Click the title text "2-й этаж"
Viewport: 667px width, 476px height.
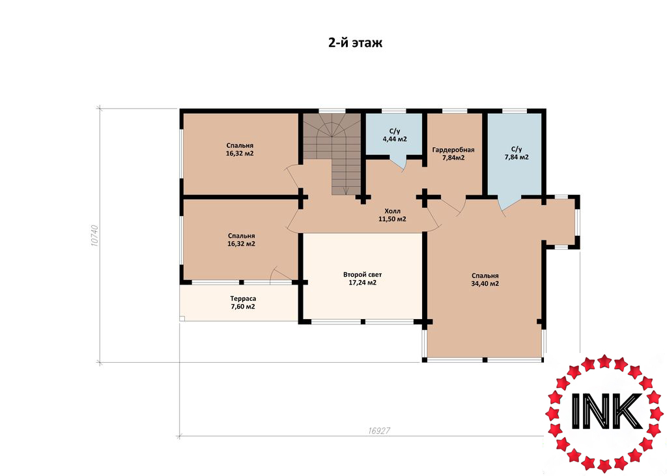point(355,42)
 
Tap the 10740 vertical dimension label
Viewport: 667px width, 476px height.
point(94,235)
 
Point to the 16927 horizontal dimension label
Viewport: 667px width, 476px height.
point(379,430)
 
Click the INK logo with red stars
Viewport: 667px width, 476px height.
point(604,413)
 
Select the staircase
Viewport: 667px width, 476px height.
point(332,154)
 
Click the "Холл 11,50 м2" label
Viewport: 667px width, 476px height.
point(392,216)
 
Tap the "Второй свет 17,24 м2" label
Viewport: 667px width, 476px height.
point(362,279)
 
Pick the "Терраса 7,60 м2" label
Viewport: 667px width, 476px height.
point(243,302)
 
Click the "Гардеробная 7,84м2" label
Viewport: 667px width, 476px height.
point(453,154)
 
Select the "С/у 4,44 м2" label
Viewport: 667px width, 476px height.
point(395,135)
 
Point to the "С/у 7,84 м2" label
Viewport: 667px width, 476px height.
point(517,153)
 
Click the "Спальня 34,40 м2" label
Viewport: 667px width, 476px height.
point(485,279)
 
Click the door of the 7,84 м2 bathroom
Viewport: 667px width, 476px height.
point(509,204)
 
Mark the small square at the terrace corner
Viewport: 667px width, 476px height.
point(182,318)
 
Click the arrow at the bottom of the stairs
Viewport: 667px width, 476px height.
point(347,190)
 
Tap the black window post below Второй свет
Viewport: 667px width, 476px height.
point(363,322)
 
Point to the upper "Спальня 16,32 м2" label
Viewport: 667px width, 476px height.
point(240,149)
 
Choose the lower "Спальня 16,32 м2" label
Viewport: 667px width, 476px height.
point(241,240)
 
